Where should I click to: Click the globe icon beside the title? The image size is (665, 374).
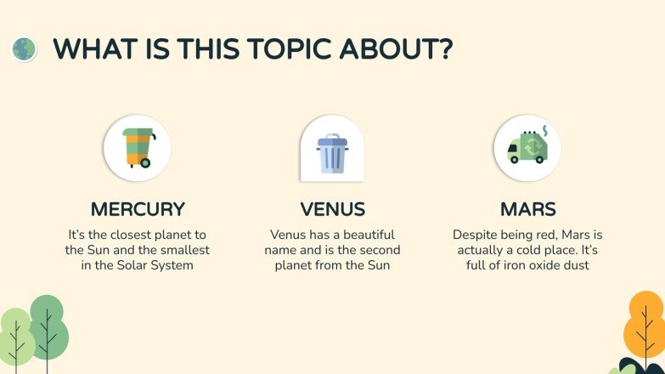[x=25, y=48]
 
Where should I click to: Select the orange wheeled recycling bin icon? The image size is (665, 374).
[x=137, y=149]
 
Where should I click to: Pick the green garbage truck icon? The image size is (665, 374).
[x=527, y=149]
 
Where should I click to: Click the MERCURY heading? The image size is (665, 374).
[x=138, y=209]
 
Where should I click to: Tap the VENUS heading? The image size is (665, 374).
[x=333, y=209]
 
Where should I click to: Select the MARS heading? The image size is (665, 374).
[x=528, y=209]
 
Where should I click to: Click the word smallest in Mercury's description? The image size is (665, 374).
[x=183, y=250]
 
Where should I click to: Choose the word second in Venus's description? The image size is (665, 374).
[x=379, y=250]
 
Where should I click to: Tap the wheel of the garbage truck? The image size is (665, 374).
[x=515, y=159]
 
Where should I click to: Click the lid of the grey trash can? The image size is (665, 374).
[x=332, y=139]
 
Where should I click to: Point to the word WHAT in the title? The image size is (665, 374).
[x=90, y=48]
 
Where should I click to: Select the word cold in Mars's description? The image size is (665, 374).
[x=543, y=250]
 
